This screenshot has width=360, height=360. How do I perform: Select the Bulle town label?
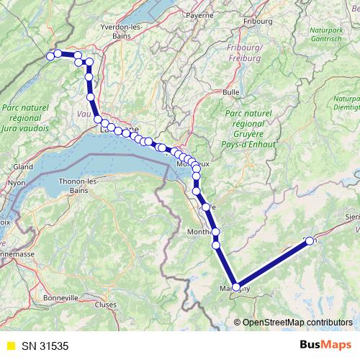231,92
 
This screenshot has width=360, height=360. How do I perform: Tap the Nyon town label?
17,183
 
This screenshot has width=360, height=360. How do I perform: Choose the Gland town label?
23,166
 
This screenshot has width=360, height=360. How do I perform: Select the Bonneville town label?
60,297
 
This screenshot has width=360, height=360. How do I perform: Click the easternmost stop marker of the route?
310,241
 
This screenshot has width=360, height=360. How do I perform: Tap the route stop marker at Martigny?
235,287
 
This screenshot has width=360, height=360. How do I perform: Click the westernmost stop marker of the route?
50,56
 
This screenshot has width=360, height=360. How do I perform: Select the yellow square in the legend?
9,345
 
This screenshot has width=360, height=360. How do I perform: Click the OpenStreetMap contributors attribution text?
297,322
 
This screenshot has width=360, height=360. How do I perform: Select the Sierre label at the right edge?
352,215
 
